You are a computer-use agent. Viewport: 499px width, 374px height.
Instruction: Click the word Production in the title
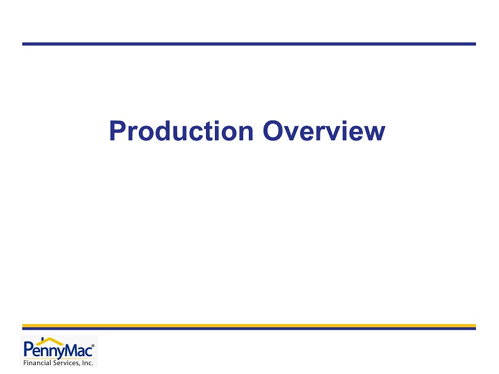click(x=182, y=130)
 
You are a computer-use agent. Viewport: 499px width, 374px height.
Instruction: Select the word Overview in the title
click(x=324, y=130)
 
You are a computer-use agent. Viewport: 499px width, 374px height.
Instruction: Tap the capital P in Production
click(x=118, y=130)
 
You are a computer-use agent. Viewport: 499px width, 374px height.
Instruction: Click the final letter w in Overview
click(x=374, y=133)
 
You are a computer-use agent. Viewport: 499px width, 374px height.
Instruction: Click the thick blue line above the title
click(x=249, y=44)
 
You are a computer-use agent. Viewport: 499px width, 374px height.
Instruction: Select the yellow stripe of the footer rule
click(x=249, y=325)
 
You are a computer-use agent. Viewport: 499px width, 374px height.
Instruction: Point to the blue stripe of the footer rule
click(x=249, y=329)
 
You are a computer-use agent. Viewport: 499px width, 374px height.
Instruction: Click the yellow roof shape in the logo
click(x=50, y=341)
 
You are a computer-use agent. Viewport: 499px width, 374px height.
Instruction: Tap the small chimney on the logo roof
click(x=42, y=339)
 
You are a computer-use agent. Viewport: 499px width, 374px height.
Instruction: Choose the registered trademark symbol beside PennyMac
click(x=93, y=346)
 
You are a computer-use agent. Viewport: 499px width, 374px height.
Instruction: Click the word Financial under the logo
click(x=37, y=363)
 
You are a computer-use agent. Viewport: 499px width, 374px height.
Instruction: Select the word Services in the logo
click(x=66, y=363)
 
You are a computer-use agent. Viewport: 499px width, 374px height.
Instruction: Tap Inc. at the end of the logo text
click(x=88, y=363)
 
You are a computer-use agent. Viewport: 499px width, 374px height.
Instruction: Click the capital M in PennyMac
click(x=72, y=350)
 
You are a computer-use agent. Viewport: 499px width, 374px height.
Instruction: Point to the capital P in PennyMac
click(x=28, y=350)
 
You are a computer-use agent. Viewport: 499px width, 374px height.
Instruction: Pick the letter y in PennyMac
click(x=60, y=353)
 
